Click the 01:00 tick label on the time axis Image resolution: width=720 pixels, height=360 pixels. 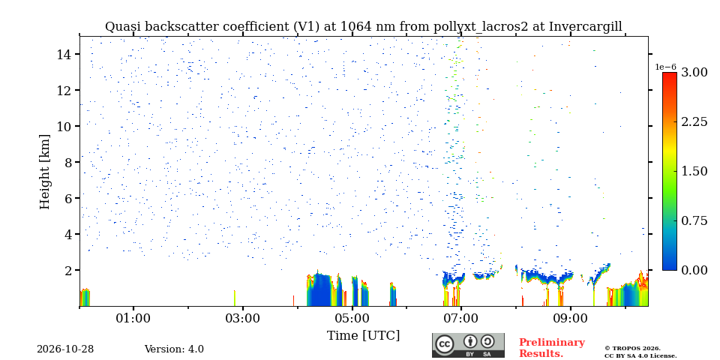[x=133, y=318]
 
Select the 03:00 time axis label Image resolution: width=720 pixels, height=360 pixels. [x=243, y=318]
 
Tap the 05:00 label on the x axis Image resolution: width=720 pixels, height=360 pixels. [x=352, y=318]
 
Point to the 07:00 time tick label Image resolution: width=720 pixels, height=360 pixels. [x=461, y=318]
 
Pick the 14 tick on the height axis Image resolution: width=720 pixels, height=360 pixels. [x=64, y=54]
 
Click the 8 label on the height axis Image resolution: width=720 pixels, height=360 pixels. [x=69, y=162]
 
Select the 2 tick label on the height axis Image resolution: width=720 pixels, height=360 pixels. [x=69, y=270]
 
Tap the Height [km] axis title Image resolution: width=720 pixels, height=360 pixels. [x=44, y=172]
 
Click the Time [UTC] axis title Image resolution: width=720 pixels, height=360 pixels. [x=363, y=336]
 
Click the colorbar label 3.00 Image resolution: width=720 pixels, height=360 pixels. [x=694, y=73]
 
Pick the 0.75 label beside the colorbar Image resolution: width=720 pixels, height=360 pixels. [x=694, y=220]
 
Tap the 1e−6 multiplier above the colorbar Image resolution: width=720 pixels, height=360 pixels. [x=666, y=67]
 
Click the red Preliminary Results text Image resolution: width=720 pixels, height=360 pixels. [x=552, y=348]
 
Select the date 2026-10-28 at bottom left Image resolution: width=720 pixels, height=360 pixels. [x=65, y=349]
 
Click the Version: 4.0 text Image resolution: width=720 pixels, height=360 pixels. [x=174, y=349]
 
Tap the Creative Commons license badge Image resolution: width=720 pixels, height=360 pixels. [x=468, y=345]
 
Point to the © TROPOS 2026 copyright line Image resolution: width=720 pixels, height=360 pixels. [x=632, y=349]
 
